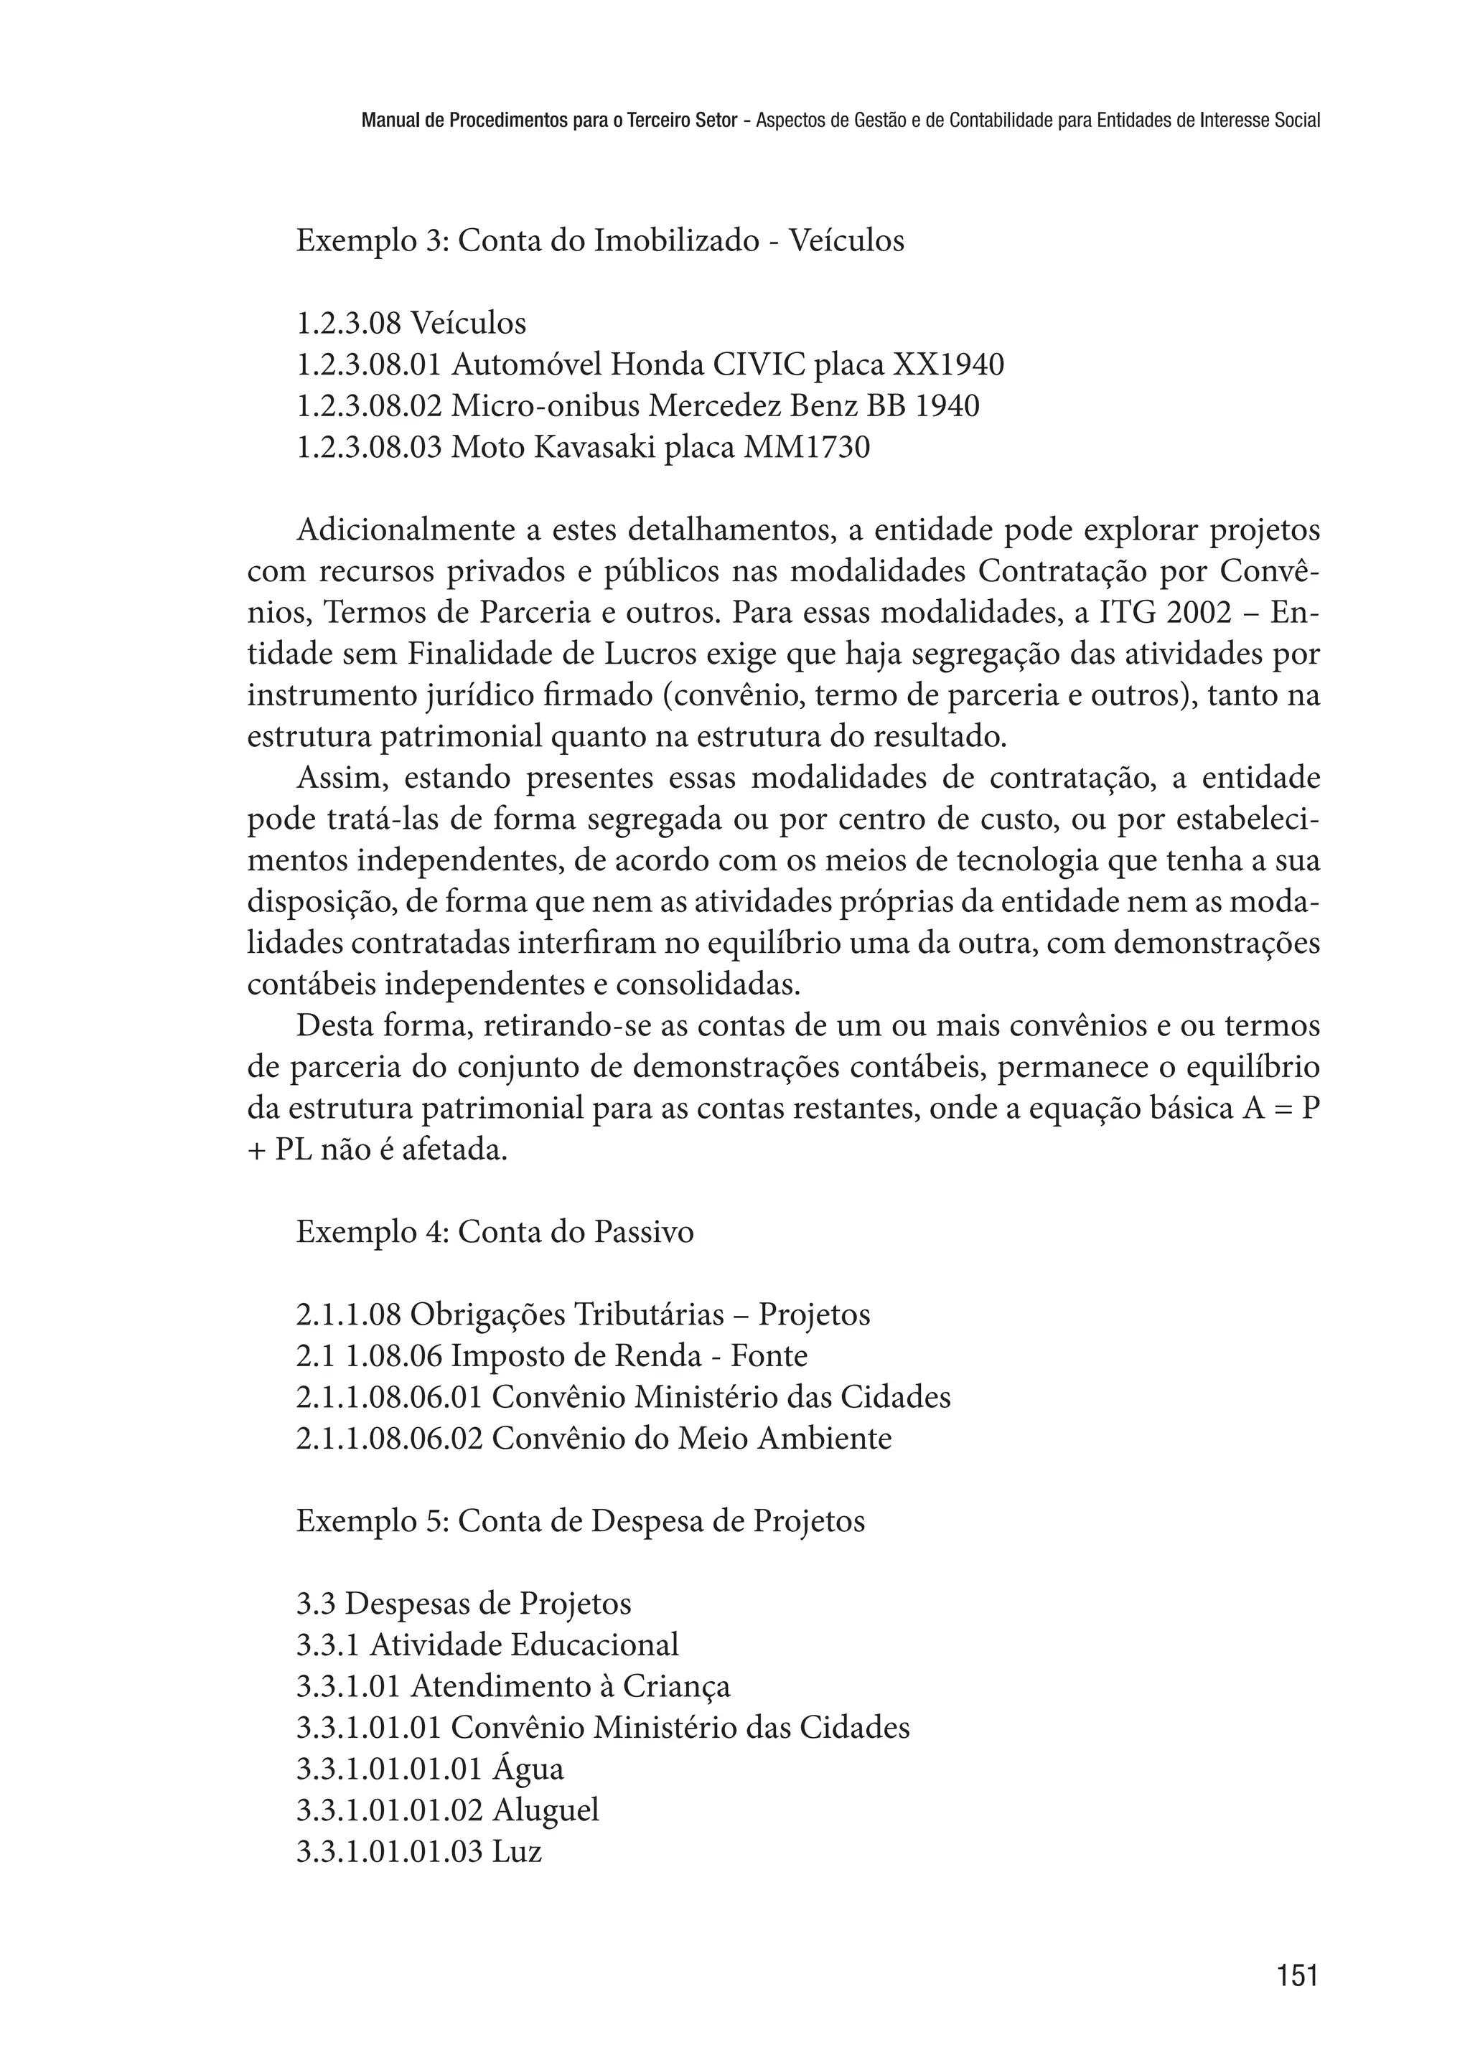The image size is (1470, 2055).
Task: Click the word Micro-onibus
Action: pyautogui.click(x=546, y=406)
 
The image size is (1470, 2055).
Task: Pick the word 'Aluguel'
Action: pyautogui.click(x=545, y=1810)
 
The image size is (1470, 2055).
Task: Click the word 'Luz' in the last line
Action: pyautogui.click(x=517, y=1851)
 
